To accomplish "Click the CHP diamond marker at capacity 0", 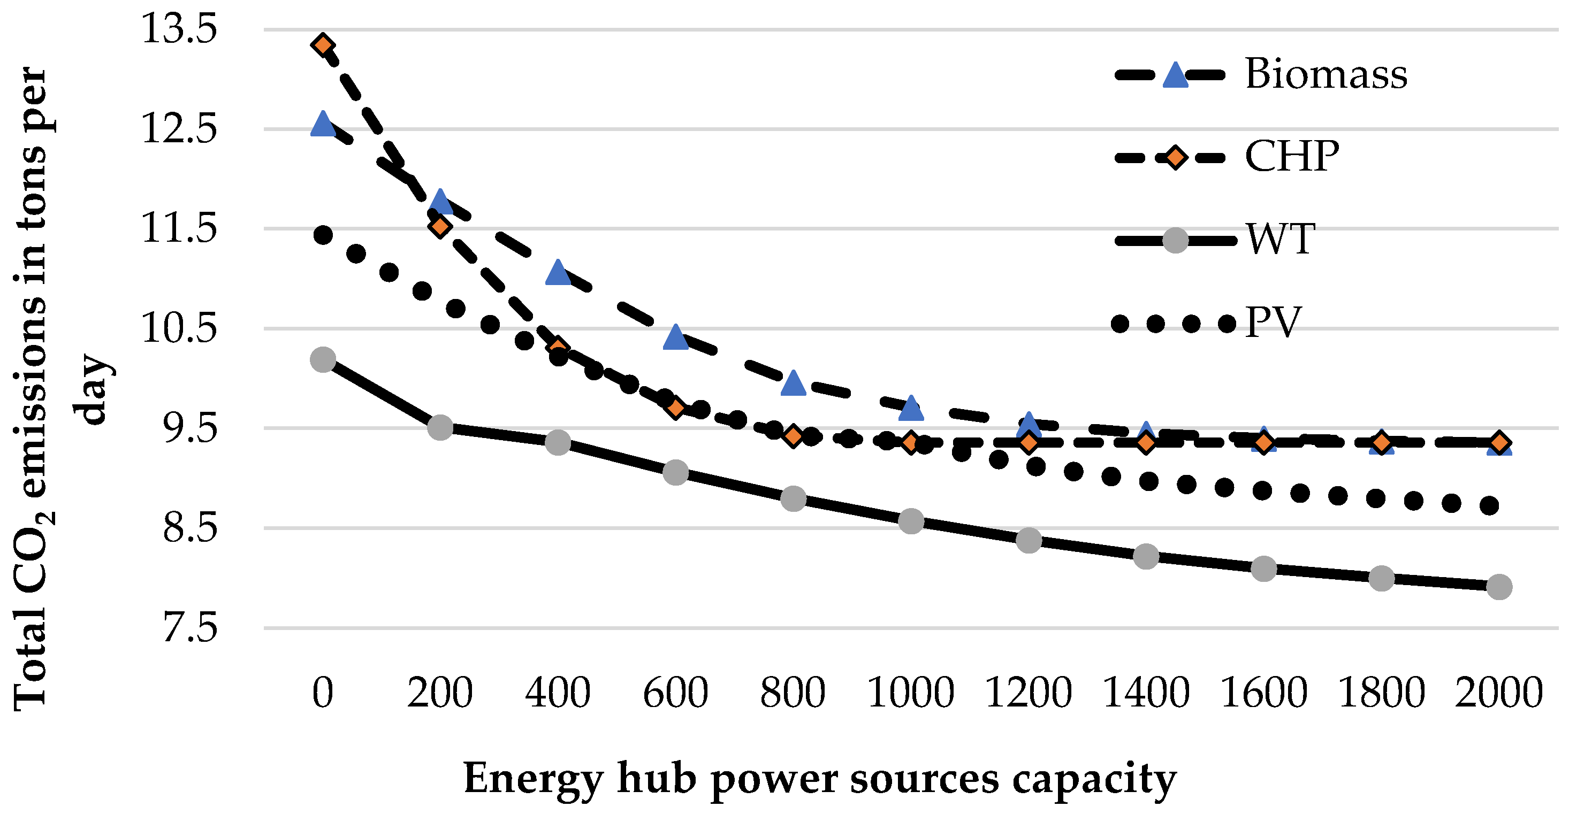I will coord(323,44).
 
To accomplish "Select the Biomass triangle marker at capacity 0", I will coord(323,124).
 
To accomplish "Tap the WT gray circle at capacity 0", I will coord(323,359).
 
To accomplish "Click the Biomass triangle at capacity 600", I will coord(675,337).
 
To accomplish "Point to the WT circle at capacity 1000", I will coord(911,521).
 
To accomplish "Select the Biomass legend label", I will coord(1326,74).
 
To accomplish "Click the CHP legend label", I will coord(1291,157).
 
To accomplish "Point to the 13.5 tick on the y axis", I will coord(178,29).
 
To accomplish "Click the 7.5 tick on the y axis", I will coord(189,628).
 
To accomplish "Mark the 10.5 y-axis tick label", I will coord(178,328).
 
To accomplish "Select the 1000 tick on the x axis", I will coord(911,692).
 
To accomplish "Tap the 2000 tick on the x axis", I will coord(1498,692).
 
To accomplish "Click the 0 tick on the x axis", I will coord(323,692).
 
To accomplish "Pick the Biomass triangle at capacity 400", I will coord(558,273).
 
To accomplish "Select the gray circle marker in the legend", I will coord(1175,240).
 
